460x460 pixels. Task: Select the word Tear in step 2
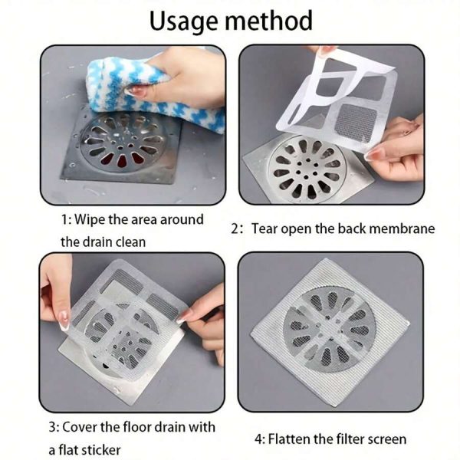click(x=269, y=228)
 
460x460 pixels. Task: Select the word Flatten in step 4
click(x=290, y=439)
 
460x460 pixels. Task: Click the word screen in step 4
click(x=386, y=439)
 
